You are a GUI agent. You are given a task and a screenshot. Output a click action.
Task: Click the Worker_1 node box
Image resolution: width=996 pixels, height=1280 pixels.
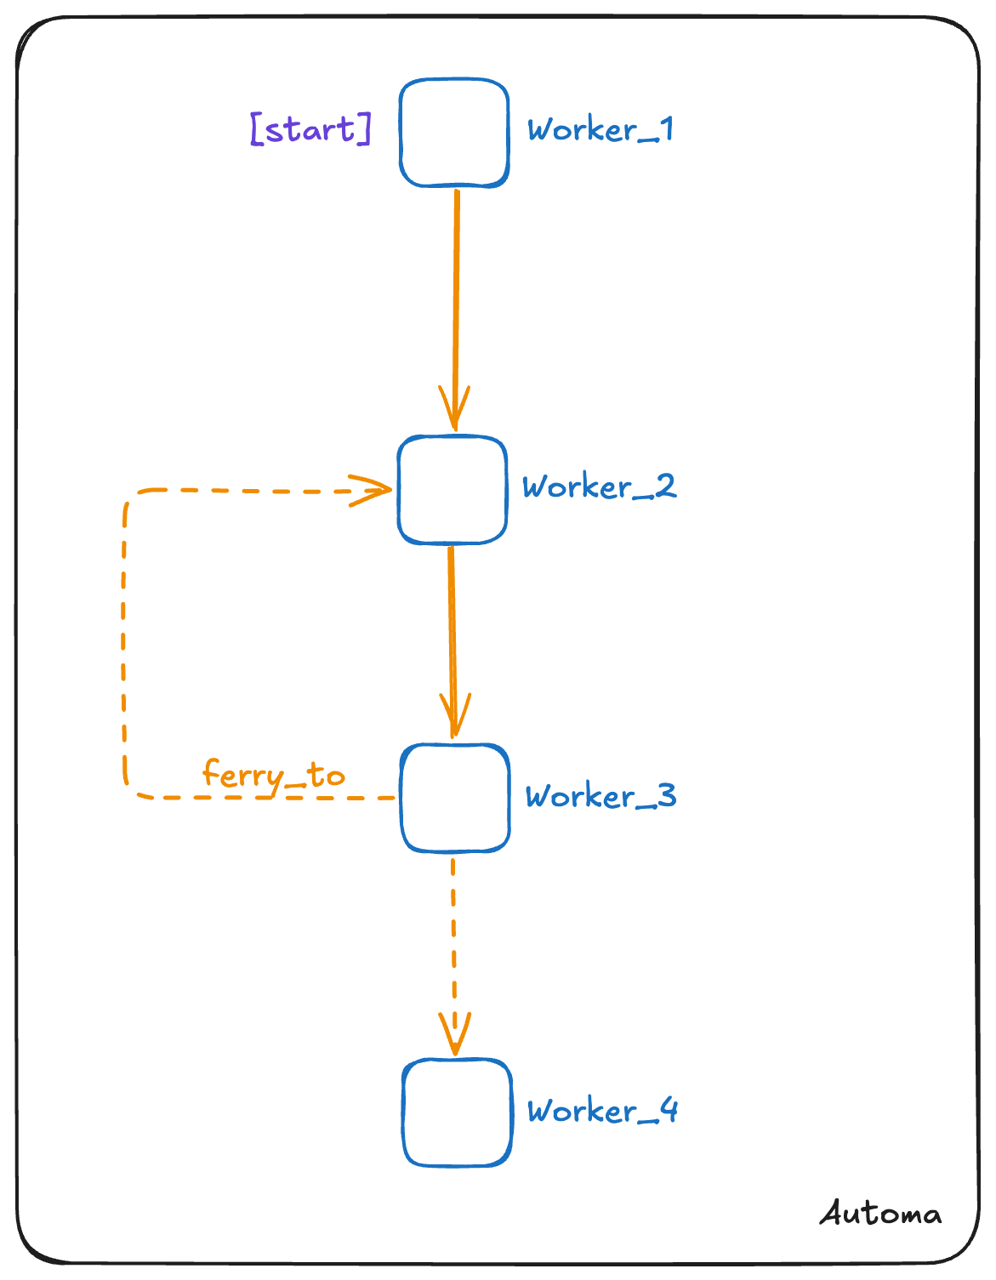[x=454, y=133]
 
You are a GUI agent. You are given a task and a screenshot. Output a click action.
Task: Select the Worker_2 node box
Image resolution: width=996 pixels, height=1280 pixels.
[x=452, y=490]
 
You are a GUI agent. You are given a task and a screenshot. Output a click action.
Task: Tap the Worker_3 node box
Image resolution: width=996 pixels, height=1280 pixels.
[x=455, y=798]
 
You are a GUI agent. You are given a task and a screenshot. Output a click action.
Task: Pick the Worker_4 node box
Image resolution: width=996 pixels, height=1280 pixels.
[x=457, y=1112]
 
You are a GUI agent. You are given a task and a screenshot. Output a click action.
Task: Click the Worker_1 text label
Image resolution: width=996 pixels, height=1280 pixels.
[x=600, y=130]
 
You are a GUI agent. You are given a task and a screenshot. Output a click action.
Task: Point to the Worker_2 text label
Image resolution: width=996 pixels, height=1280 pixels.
[x=599, y=486]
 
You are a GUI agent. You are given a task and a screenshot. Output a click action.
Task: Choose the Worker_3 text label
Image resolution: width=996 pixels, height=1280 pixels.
[x=600, y=796]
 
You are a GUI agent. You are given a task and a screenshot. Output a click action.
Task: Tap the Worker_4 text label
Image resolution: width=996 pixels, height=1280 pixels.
[x=601, y=1111]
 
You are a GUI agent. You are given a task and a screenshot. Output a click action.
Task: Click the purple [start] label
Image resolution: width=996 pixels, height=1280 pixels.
[x=311, y=129]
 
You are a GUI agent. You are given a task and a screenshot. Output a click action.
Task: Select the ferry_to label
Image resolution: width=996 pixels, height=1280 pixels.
[x=273, y=776]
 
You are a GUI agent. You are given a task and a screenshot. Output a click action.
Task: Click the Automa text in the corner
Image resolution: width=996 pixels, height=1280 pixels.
[x=880, y=1213]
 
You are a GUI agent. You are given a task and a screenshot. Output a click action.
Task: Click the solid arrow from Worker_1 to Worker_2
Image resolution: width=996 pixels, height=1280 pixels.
[x=456, y=289]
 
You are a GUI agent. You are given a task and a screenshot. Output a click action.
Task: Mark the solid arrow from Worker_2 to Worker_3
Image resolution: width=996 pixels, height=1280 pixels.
[x=452, y=629]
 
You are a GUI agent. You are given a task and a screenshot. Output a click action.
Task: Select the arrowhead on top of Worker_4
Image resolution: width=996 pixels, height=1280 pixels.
[x=455, y=1034]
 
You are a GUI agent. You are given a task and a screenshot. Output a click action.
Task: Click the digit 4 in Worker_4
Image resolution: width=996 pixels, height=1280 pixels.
[x=669, y=1110]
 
